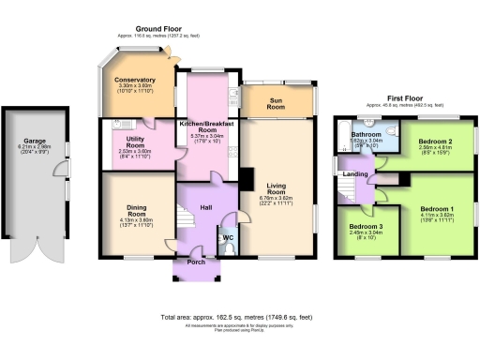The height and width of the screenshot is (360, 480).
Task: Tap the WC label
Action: pyautogui.click(x=228, y=237)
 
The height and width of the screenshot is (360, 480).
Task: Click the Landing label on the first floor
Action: pyautogui.click(x=356, y=173)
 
